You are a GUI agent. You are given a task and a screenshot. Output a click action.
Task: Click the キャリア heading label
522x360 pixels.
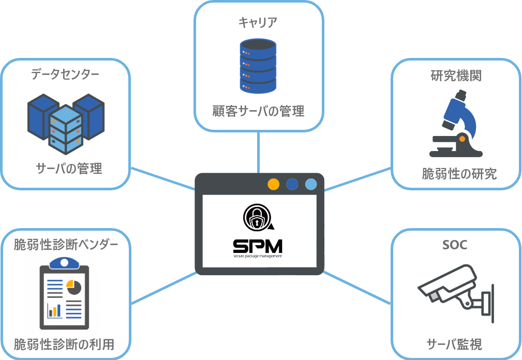[x=258, y=22]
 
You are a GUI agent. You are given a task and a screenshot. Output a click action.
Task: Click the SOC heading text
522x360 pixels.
[x=455, y=245]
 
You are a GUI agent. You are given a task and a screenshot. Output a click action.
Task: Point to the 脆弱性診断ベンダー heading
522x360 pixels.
[x=66, y=245]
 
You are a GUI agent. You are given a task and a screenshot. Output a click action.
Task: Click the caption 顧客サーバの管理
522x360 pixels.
[x=258, y=111]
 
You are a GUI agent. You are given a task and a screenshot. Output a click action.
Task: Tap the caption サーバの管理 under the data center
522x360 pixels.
[x=69, y=168]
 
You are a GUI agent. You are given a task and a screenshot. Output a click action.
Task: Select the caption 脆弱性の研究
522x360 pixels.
[x=459, y=174]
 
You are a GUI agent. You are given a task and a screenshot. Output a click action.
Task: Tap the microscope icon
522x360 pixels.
[x=456, y=124]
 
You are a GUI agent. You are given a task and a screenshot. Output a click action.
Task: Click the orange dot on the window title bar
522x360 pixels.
[x=274, y=184]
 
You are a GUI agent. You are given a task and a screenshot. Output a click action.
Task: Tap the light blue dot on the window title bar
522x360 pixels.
[x=310, y=184]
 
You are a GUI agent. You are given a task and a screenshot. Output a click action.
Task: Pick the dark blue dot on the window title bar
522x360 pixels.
[x=292, y=184]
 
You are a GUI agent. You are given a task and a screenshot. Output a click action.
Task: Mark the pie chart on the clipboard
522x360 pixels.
[x=74, y=288]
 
